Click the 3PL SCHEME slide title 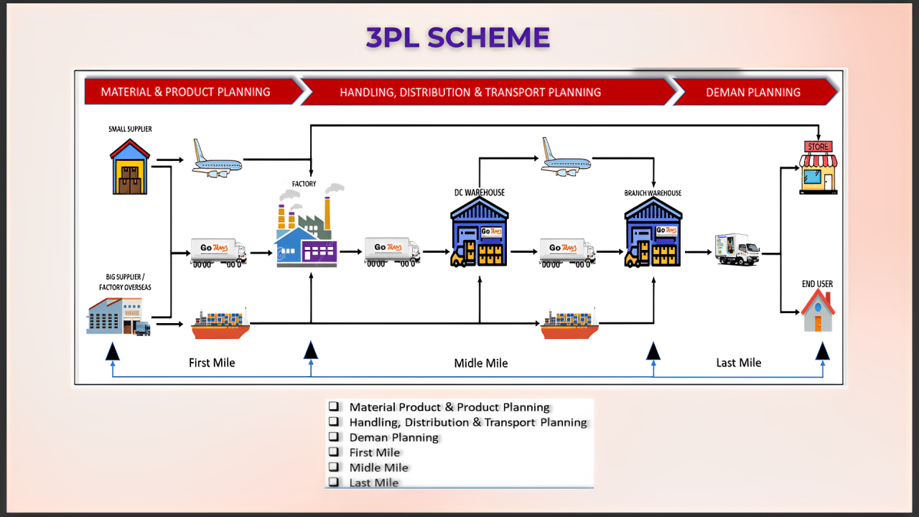458,37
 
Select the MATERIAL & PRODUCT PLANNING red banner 186,92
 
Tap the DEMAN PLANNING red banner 752,92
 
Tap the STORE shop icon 818,167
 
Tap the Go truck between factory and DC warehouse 392,251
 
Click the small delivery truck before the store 737,249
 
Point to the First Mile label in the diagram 212,363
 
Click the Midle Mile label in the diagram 481,363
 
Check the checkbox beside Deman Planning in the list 334,437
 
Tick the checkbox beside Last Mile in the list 334,482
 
